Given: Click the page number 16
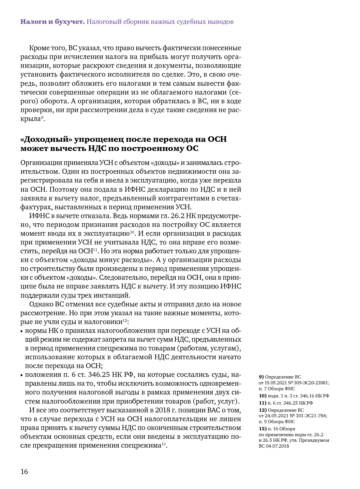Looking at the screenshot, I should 24,471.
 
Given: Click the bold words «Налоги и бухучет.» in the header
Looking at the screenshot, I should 52,22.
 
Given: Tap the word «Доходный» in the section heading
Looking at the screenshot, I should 46,139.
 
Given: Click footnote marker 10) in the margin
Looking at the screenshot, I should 262,396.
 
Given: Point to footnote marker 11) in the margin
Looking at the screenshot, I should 262,403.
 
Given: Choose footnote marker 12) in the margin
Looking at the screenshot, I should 262,410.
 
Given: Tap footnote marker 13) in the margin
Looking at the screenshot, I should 262,429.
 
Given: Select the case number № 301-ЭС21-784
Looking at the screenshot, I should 310,416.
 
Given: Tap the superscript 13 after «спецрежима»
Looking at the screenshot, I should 163,444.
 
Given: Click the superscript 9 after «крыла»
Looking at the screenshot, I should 42,117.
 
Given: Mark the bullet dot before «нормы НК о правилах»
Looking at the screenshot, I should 22,331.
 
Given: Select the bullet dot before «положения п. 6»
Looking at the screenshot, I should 22,375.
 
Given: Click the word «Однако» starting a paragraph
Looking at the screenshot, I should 41,304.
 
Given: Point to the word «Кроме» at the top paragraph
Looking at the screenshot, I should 38,48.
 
